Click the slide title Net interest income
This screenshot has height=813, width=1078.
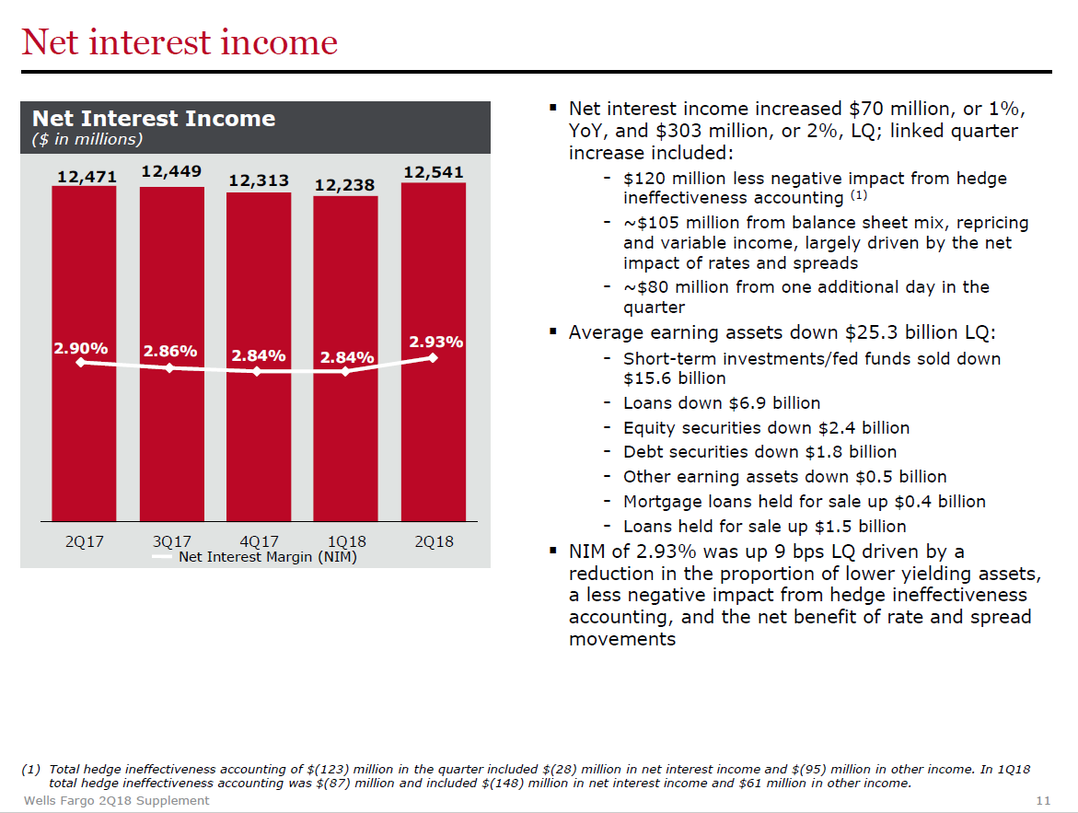180,42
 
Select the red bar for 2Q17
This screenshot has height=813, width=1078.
84,354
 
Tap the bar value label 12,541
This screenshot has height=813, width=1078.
433,172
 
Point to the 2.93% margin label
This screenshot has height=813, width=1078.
435,342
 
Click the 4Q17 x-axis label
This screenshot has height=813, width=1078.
259,542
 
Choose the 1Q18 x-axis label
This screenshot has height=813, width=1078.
346,542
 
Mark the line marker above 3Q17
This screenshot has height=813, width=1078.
169,368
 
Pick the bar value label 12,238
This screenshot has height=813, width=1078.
344,185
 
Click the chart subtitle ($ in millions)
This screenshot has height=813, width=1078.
87,140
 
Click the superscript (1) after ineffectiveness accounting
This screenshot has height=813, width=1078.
859,195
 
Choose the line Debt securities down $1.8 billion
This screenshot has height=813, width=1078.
759,452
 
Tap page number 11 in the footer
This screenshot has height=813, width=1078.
1043,801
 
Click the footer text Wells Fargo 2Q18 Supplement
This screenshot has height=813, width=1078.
116,801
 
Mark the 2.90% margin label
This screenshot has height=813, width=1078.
81,349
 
